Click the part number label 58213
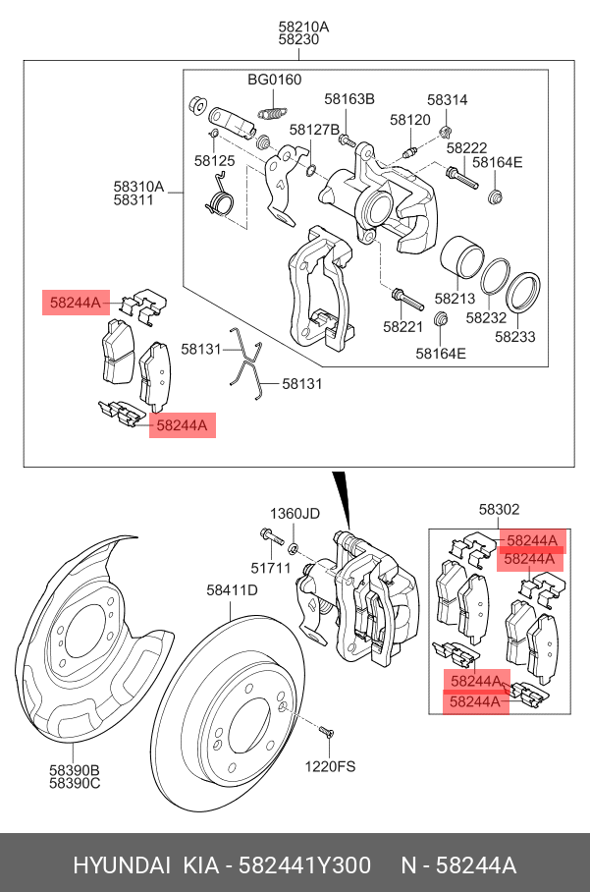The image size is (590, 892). point(455,299)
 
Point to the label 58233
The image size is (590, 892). point(514,336)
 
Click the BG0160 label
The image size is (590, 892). point(274,80)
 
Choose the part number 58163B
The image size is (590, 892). point(350,99)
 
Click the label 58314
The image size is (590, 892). point(447,99)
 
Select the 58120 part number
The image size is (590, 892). point(410,120)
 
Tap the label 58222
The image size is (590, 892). point(466,148)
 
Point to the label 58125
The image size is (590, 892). point(214,160)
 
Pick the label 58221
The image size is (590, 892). point(402,326)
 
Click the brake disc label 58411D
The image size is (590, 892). point(232,590)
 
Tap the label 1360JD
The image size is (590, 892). point(295,514)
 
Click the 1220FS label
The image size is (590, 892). point(329,765)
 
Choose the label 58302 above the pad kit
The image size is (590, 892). point(499,509)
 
